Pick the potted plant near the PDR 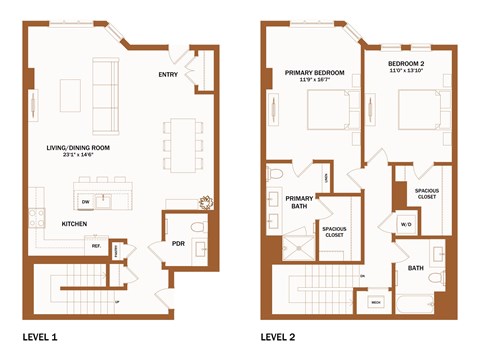(206, 201)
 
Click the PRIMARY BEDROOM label (314, 72)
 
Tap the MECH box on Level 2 (377, 301)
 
